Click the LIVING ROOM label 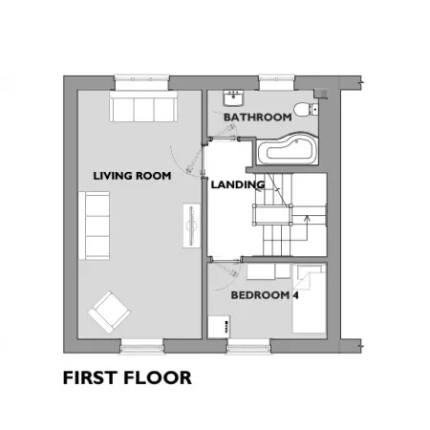pos(132,176)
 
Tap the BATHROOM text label pos(258,118)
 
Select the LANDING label pos(238,184)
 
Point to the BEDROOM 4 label pos(265,295)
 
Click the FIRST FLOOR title pos(127,377)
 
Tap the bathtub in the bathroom pos(288,149)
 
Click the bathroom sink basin pos(233,98)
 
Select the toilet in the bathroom pos(306,110)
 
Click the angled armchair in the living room pos(109,312)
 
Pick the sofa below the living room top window pos(143,107)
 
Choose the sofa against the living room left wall pos(95,226)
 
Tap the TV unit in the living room pos(192,226)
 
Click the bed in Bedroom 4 pos(310,299)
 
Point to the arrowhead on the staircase pos(307,218)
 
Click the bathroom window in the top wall pos(276,82)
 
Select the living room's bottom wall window pos(142,347)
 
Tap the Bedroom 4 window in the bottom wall pos(248,347)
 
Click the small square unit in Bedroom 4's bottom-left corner pos(219,327)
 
